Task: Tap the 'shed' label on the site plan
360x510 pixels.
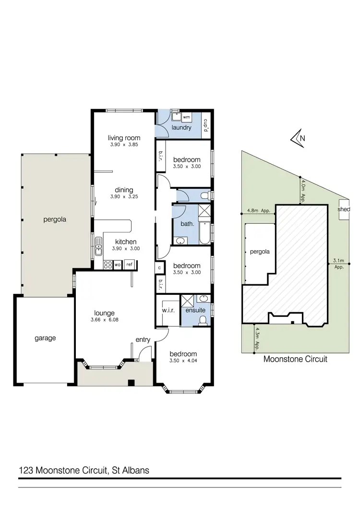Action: pos(344,209)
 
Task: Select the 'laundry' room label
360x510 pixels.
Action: pos(181,128)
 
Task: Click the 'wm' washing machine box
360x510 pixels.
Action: pos(187,117)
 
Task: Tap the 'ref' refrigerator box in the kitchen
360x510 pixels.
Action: pos(129,264)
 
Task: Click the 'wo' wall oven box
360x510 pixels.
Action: pos(117,264)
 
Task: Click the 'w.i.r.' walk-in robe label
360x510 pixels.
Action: pos(168,310)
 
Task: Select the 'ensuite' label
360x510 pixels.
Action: pos(196,310)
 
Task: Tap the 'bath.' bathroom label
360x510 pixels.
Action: pos(187,224)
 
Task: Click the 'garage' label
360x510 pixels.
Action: pos(45,338)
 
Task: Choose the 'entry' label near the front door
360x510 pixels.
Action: pos(143,340)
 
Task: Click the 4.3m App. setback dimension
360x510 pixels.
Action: pos(257,339)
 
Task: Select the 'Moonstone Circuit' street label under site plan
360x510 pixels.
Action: pos(295,359)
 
